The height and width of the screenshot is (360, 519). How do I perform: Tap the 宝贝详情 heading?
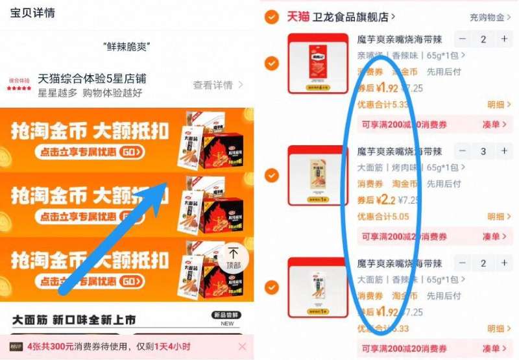click(x=32, y=12)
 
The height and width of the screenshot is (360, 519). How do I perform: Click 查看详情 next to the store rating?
click(x=218, y=85)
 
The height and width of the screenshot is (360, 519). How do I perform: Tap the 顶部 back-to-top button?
click(x=233, y=257)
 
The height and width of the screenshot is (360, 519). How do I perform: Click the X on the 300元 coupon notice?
click(x=242, y=346)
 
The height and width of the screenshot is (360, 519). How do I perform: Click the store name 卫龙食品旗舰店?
click(x=354, y=17)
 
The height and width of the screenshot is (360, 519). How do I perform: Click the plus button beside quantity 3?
click(x=504, y=151)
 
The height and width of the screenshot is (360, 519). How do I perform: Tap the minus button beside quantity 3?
click(x=463, y=151)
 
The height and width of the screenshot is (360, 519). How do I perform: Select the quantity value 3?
click(x=483, y=151)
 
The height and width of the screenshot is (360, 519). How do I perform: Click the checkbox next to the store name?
click(x=272, y=16)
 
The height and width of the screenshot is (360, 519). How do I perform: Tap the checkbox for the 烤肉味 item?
click(x=272, y=175)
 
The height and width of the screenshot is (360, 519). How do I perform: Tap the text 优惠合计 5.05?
click(x=383, y=217)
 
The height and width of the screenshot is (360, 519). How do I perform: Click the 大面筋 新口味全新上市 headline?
click(x=75, y=320)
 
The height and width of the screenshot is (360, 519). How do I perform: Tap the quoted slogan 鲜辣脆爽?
click(x=127, y=47)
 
